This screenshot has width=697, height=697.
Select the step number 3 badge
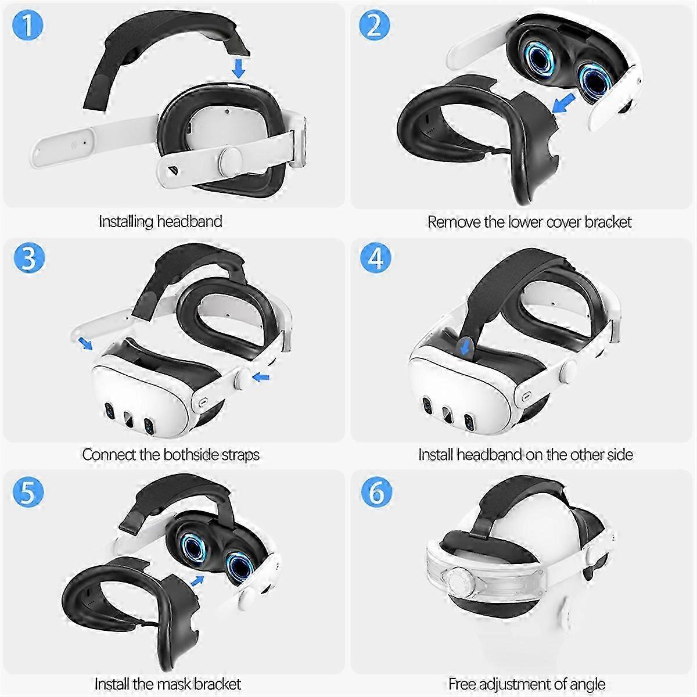point(28,257)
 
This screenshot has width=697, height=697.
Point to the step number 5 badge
point(28,491)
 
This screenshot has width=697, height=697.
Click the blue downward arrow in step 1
point(238,68)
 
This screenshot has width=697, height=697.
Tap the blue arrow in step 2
point(562,105)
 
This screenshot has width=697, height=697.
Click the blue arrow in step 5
point(197,580)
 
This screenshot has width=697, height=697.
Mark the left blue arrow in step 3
point(85,343)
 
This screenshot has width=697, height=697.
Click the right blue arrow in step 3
point(261,378)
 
